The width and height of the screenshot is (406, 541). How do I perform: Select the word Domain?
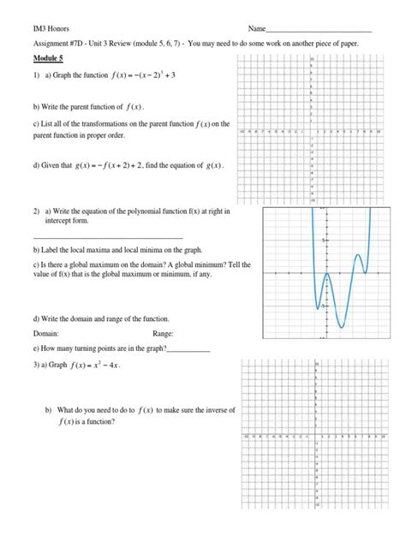click(x=46, y=334)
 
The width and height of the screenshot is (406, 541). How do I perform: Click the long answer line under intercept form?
click(x=108, y=236)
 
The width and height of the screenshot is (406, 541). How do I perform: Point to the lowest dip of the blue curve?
click(x=340, y=326)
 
